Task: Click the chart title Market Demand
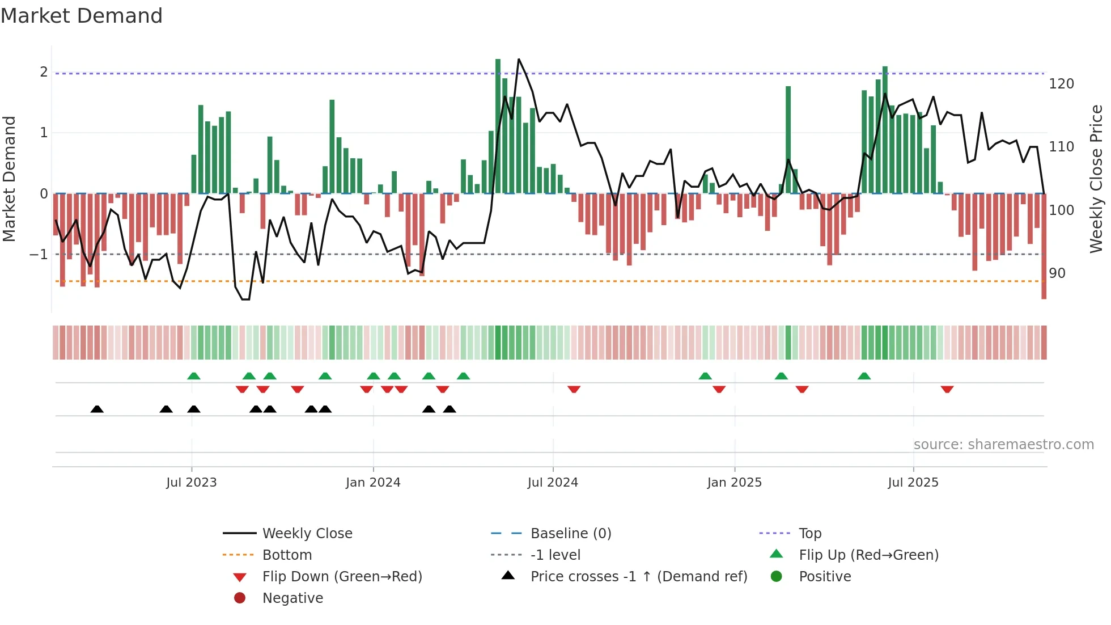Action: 82,15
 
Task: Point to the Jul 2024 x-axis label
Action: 553,483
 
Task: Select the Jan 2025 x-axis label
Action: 734,483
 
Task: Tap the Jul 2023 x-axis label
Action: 192,483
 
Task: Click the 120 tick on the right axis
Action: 1061,84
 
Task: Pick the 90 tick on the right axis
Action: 1057,273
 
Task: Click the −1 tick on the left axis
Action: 39,255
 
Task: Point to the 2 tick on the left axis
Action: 44,72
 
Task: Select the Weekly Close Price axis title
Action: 1096,179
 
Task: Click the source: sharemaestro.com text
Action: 1003,445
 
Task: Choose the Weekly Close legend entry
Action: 307,534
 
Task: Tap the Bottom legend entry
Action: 287,555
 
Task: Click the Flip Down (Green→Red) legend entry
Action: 342,577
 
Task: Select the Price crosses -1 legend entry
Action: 638,577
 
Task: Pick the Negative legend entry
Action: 292,598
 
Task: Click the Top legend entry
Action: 810,534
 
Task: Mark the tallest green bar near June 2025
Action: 885,129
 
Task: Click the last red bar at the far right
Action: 1044,246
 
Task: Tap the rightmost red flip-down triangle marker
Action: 947,390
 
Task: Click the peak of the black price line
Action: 519,59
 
